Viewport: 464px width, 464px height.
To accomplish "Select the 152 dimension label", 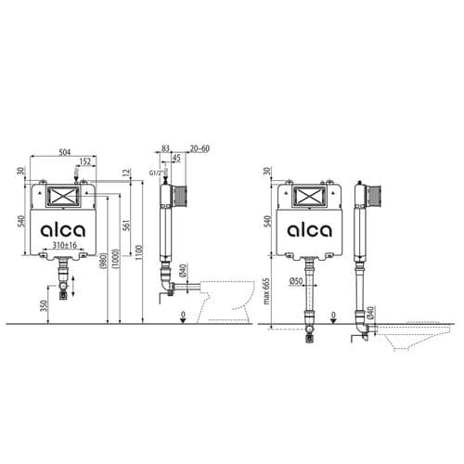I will pyautogui.click(x=85, y=161).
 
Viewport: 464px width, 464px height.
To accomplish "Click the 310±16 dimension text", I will pyautogui.click(x=64, y=245).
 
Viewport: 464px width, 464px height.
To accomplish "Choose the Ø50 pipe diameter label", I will pyautogui.click(x=297, y=281).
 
